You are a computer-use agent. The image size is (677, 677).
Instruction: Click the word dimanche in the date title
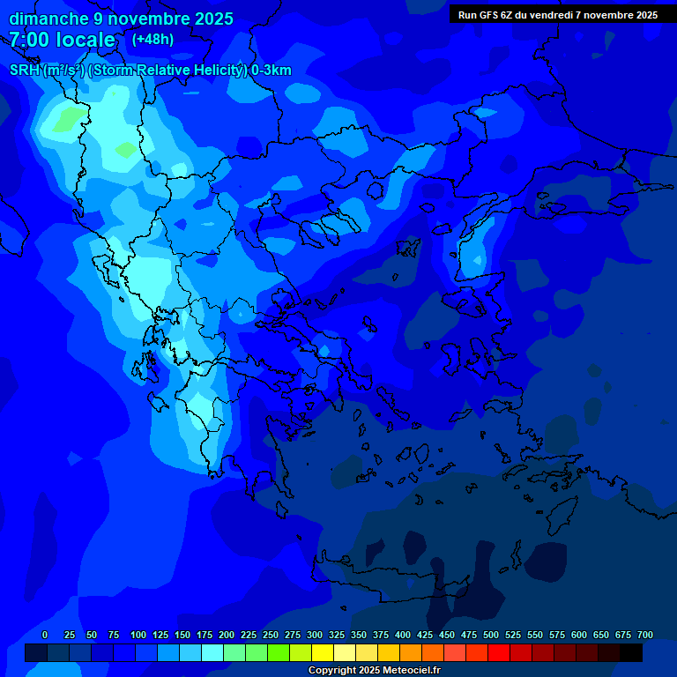(48, 19)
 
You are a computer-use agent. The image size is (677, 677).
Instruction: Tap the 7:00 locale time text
(62, 40)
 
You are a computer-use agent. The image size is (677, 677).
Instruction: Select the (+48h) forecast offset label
(153, 39)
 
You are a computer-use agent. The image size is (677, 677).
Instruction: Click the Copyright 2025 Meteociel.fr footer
(374, 670)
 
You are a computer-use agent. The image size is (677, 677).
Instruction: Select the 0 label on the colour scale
(45, 635)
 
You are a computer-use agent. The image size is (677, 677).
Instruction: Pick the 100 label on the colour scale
(138, 635)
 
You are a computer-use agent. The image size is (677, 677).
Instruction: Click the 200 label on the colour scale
(227, 635)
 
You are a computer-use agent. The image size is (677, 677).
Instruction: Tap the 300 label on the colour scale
(315, 635)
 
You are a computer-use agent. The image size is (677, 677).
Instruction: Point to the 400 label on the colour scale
(403, 635)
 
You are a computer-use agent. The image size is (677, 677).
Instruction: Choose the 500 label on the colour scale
(491, 635)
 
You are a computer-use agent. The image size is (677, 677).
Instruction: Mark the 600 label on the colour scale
(579, 635)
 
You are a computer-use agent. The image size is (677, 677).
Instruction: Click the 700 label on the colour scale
(645, 635)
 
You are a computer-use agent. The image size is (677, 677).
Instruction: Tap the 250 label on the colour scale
(271, 635)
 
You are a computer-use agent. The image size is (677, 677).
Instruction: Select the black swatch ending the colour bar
(631, 653)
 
